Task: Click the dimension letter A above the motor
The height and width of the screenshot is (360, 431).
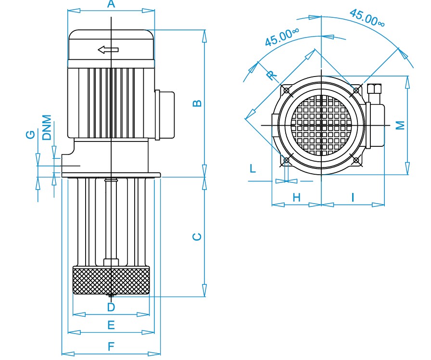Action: click(x=111, y=4)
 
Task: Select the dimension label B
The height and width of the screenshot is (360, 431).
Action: click(x=197, y=103)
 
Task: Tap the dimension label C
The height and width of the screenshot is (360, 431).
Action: click(x=197, y=237)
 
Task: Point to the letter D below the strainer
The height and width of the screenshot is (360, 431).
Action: click(x=111, y=307)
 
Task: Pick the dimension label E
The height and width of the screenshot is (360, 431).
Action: click(x=111, y=325)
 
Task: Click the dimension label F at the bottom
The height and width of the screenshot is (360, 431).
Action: click(x=111, y=347)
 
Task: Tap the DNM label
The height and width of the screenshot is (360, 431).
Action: click(x=47, y=128)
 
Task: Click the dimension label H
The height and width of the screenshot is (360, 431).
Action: click(x=297, y=197)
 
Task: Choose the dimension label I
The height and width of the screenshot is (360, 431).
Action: click(x=353, y=197)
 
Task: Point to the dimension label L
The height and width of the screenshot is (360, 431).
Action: click(x=253, y=168)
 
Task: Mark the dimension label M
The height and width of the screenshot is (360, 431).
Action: click(x=401, y=125)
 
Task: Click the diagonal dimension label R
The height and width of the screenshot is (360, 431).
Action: click(x=272, y=75)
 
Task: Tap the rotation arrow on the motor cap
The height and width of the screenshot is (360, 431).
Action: click(x=108, y=50)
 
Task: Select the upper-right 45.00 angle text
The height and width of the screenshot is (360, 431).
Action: click(x=367, y=18)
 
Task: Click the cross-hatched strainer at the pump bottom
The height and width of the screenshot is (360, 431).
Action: click(x=111, y=280)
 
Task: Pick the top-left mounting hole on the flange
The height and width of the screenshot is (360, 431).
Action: click(x=286, y=90)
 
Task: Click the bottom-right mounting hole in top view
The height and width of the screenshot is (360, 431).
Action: click(x=356, y=160)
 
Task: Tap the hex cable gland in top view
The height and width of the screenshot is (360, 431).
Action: click(x=374, y=90)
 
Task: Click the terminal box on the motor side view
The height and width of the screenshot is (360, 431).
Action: click(x=165, y=115)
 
